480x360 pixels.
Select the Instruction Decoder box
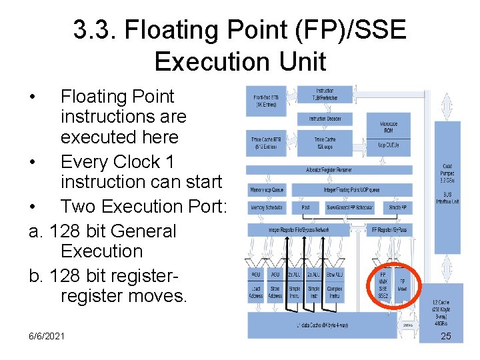coord(325,119)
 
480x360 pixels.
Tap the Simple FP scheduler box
coord(397,208)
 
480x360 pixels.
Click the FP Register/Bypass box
coord(389,229)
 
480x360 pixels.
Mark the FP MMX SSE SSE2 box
coord(383,285)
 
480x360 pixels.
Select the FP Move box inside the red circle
coord(403,285)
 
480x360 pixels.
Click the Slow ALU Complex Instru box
coord(335,285)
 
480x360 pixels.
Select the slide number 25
coord(446,336)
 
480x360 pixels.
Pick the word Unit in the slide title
coord(301,62)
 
